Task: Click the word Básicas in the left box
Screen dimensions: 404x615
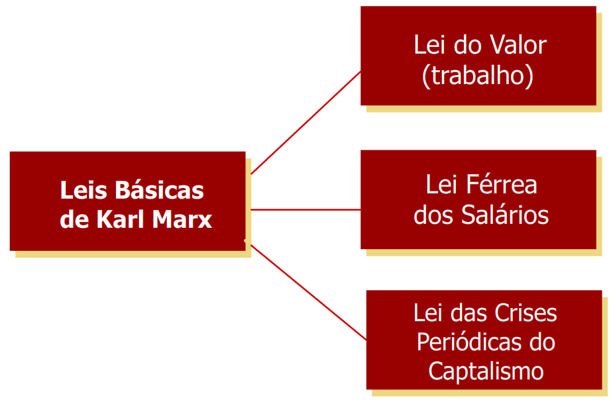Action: [159, 191]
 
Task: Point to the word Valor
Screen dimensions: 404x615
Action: [518, 45]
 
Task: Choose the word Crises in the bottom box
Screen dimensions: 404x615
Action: [528, 313]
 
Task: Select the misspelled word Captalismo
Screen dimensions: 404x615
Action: [486, 371]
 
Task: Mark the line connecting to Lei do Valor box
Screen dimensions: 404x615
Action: [306, 123]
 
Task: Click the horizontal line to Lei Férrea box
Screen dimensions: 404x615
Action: [306, 209]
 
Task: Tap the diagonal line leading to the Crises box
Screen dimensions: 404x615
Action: [308, 292]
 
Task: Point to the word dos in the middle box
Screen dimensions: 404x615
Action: [432, 215]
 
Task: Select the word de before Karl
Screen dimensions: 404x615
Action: [74, 219]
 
